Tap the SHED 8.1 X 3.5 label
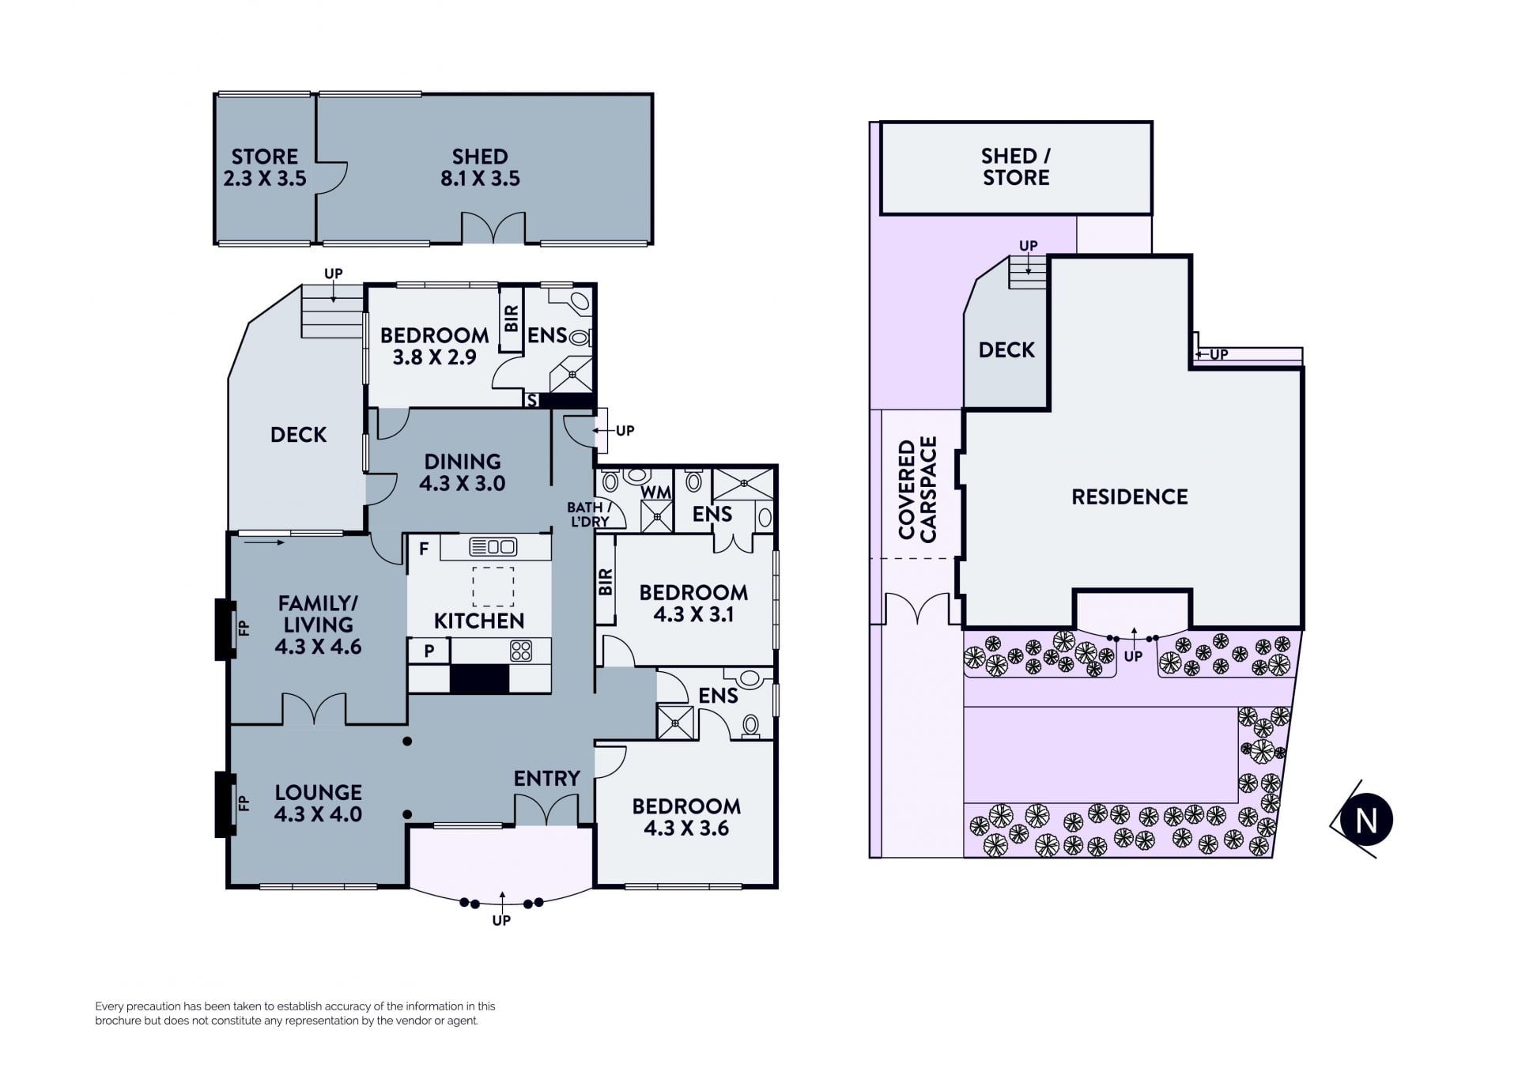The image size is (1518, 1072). tap(480, 168)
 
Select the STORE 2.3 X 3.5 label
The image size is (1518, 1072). tap(265, 168)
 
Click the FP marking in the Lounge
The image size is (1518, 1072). tap(244, 803)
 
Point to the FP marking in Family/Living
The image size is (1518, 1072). tap(244, 628)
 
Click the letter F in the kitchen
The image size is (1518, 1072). tap(424, 549)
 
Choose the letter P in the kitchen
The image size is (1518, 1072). tap(429, 651)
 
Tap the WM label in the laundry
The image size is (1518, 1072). tap(656, 493)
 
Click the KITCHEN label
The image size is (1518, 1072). tap(479, 621)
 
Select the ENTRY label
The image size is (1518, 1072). tap(547, 779)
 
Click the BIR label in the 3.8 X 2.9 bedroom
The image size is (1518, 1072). tap(512, 319)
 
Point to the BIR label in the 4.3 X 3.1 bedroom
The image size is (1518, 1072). tap(606, 583)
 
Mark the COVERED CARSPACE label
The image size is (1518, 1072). tap(917, 489)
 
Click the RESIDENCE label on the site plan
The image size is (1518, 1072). tap(1130, 496)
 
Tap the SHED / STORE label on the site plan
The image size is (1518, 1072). tap(1016, 167)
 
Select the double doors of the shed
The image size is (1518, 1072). tap(493, 227)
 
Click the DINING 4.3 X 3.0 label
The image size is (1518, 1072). tap(463, 473)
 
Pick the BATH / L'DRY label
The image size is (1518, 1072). tap(589, 514)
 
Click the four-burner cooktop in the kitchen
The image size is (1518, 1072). tap(521, 651)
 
